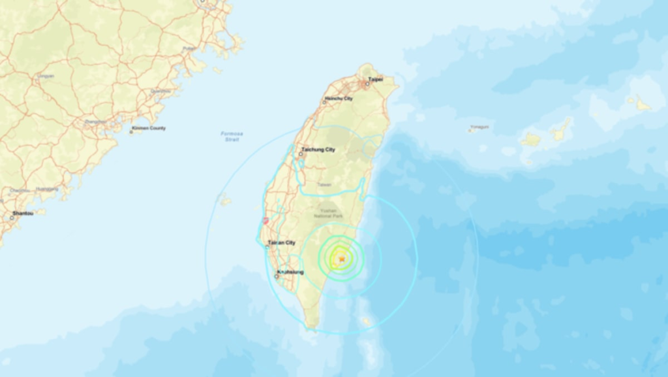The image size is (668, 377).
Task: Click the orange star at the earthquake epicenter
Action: click(x=341, y=259)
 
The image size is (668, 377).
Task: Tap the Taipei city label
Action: click(x=374, y=79)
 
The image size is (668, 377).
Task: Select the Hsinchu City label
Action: click(x=339, y=99)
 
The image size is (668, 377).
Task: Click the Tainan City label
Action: click(x=282, y=242)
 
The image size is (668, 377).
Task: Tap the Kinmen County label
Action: click(x=149, y=128)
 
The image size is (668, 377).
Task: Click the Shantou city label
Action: click(x=22, y=214)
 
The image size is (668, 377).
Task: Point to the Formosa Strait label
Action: click(x=232, y=136)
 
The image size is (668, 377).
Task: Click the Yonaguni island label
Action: click(x=479, y=127)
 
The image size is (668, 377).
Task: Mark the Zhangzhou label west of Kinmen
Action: click(x=95, y=121)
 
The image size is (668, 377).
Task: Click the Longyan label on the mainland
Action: click(x=46, y=76)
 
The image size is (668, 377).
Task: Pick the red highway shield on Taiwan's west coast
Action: click(x=265, y=221)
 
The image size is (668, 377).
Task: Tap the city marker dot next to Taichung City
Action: click(x=301, y=154)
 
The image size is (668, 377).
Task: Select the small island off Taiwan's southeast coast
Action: click(x=366, y=321)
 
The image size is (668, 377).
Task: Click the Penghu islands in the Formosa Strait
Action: click(x=225, y=199)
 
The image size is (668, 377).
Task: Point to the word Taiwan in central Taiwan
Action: click(x=324, y=185)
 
